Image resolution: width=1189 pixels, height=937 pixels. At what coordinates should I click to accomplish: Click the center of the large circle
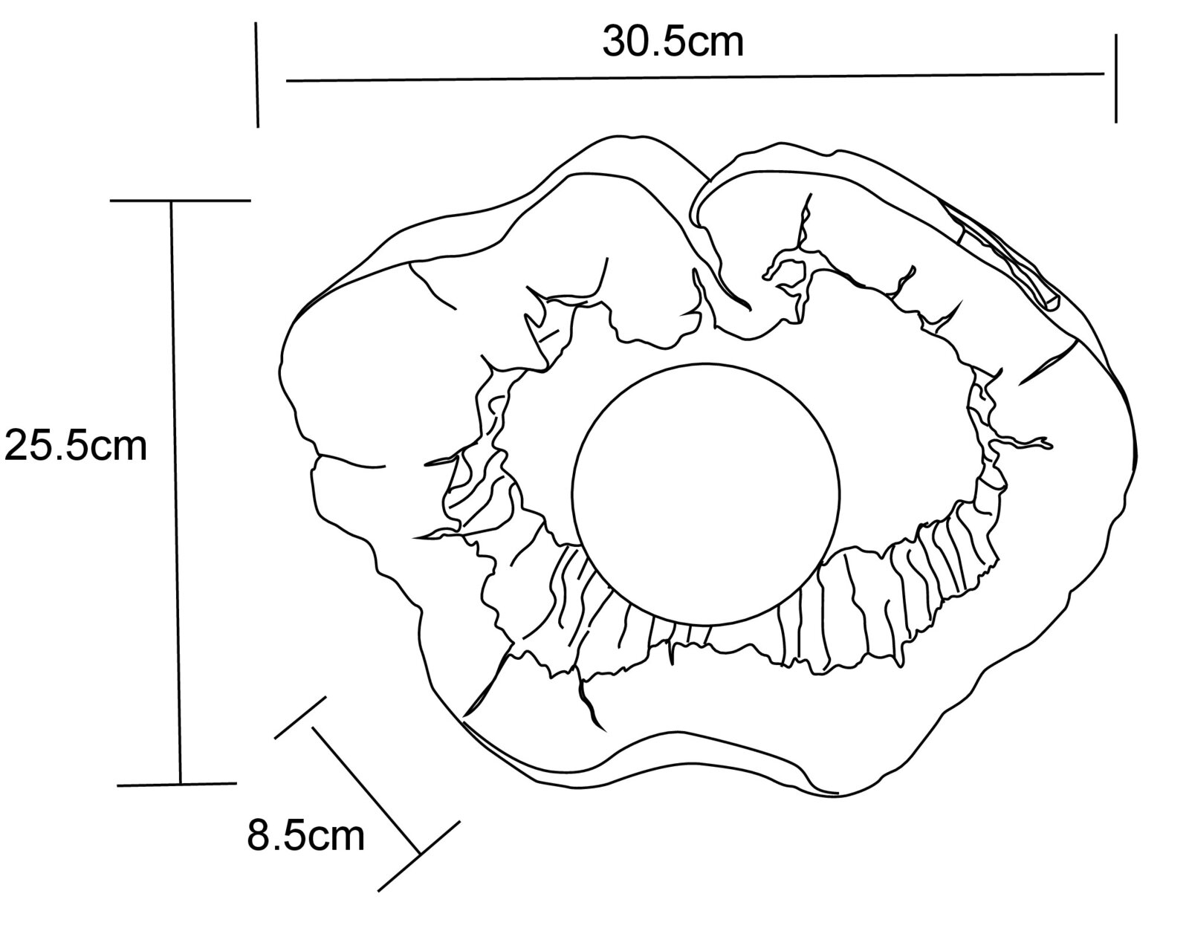(x=706, y=494)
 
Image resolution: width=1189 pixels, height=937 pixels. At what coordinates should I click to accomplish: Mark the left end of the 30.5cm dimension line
(x=287, y=81)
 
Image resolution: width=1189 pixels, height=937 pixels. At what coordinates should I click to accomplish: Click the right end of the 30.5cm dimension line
(x=1104, y=73)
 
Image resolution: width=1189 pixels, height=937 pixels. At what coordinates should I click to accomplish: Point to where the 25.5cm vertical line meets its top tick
(x=171, y=201)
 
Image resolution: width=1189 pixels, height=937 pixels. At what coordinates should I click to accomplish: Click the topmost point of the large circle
(x=706, y=363)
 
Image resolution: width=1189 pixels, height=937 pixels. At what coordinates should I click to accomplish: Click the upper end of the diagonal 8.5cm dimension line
(x=314, y=727)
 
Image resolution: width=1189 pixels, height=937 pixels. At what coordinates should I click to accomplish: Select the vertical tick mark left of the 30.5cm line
(x=257, y=75)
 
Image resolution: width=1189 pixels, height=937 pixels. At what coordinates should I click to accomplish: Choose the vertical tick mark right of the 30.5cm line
(x=1115, y=79)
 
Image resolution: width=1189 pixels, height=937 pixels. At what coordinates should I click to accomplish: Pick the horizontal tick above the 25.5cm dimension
(x=180, y=201)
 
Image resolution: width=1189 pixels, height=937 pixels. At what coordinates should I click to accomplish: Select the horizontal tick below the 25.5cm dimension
(x=177, y=784)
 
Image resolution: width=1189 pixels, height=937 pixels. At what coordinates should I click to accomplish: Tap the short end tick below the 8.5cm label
(x=419, y=856)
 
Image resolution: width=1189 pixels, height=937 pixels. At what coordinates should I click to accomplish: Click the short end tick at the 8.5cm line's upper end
(x=300, y=717)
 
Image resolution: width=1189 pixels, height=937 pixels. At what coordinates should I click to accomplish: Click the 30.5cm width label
(x=673, y=42)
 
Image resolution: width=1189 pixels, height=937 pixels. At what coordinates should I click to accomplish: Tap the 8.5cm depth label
(x=305, y=836)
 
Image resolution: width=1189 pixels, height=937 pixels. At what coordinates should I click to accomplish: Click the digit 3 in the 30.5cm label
(x=613, y=42)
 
